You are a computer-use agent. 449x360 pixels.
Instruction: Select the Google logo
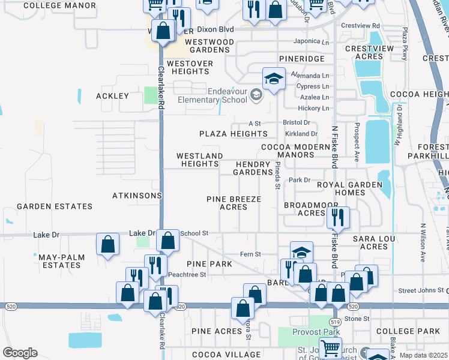point(20,352)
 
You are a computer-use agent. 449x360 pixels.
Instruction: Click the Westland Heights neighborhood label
point(200,160)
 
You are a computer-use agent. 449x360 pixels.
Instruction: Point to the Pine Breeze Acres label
point(234,203)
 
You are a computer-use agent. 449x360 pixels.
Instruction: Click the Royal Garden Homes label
point(349,188)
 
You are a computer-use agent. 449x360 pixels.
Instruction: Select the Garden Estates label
point(55,206)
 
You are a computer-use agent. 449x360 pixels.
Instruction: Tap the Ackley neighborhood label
point(112,96)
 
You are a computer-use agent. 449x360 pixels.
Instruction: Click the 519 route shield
point(335,322)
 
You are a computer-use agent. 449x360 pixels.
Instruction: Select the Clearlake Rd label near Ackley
point(161,87)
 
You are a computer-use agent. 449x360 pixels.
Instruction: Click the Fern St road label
point(250,254)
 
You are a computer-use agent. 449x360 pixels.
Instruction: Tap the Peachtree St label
point(187,274)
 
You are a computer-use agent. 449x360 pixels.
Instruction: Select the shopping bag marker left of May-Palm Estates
point(107,244)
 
